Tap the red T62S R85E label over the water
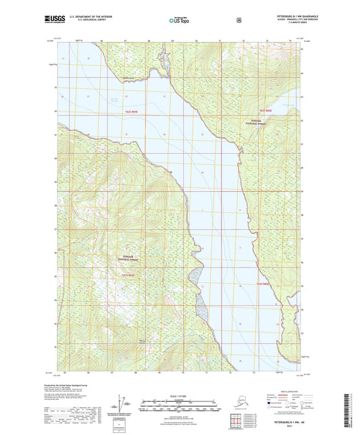(x=265, y=285)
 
